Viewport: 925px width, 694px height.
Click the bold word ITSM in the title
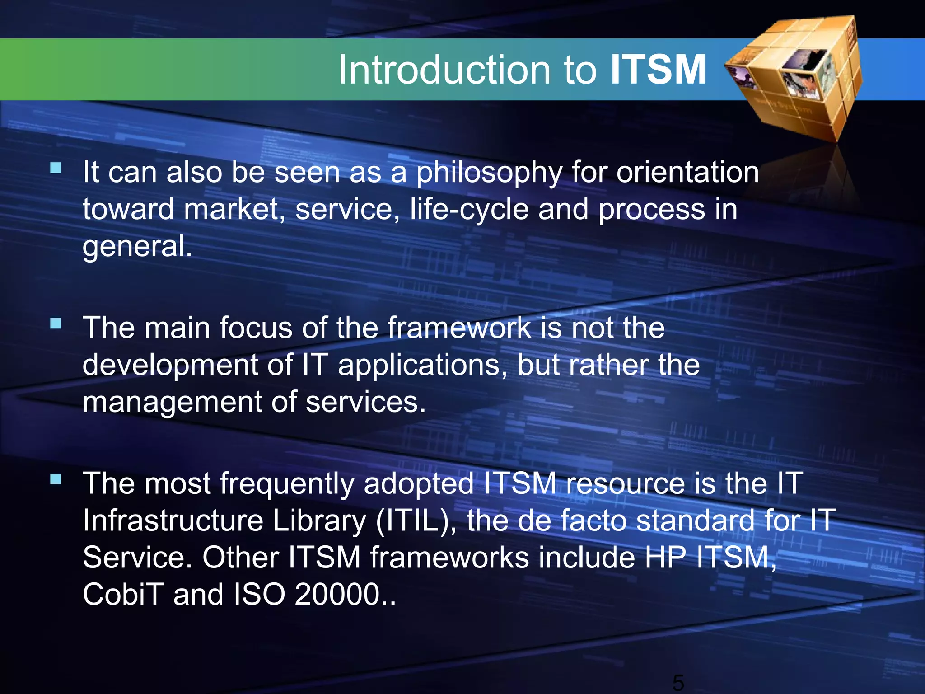click(x=658, y=70)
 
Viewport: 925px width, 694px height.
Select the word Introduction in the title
click(x=444, y=70)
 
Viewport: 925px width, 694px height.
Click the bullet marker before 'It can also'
click(x=56, y=168)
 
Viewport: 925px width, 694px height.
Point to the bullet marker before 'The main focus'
click(x=56, y=324)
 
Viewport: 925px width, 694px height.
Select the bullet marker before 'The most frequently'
click(x=56, y=479)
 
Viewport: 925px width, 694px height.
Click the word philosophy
click(x=489, y=173)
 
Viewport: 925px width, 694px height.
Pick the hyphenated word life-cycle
click(x=469, y=210)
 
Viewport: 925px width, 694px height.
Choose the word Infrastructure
click(x=173, y=520)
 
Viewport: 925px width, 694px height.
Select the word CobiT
click(x=123, y=594)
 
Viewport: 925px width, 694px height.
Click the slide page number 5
click(x=678, y=682)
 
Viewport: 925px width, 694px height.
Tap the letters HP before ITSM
click(x=665, y=558)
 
